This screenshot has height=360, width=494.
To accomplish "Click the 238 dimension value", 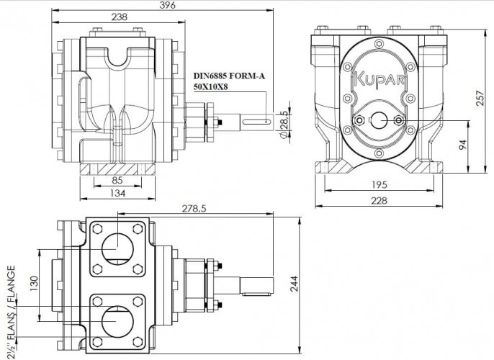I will (120, 17).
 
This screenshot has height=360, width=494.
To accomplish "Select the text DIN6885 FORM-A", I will (229, 74).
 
